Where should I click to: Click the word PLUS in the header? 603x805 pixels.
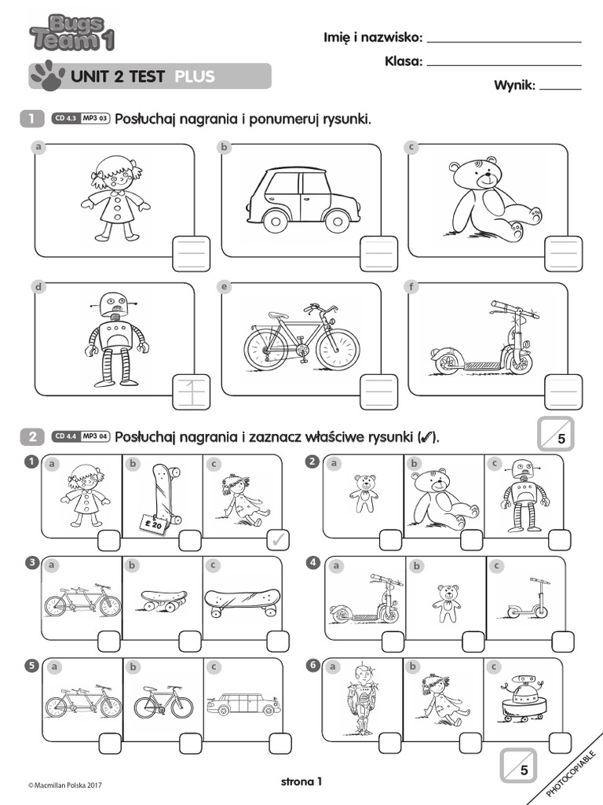coord(194,76)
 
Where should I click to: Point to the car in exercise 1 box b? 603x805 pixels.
coord(302,200)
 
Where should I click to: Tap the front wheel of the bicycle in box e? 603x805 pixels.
coord(338,349)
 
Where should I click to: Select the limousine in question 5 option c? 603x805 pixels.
coord(243,704)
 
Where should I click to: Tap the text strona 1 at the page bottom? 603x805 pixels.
coord(301,781)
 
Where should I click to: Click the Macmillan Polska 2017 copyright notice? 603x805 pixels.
coord(65,785)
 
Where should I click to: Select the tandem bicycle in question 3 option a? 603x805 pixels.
coord(82,601)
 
